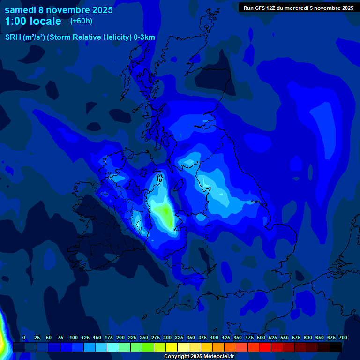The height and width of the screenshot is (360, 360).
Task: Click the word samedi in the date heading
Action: (x=21, y=10)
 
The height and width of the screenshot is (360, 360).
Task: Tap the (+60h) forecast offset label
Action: (x=81, y=21)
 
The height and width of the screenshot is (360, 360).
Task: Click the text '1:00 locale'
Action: (x=33, y=22)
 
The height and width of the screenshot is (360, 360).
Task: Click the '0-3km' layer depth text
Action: (x=144, y=37)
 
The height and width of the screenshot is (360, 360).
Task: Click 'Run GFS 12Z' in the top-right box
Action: (x=260, y=8)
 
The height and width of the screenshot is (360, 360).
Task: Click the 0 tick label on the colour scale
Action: (x=24, y=337)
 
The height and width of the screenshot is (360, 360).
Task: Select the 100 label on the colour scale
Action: (x=74, y=337)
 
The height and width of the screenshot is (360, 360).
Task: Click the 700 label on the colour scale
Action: (x=343, y=337)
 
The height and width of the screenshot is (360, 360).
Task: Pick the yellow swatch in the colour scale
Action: (x=172, y=347)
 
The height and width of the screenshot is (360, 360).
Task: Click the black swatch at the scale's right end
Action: (x=336, y=347)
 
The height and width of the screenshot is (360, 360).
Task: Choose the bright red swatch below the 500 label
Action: (x=265, y=347)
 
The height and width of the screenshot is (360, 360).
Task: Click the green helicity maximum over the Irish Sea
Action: (x=164, y=213)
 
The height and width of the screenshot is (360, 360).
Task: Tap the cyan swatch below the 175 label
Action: (x=113, y=347)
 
